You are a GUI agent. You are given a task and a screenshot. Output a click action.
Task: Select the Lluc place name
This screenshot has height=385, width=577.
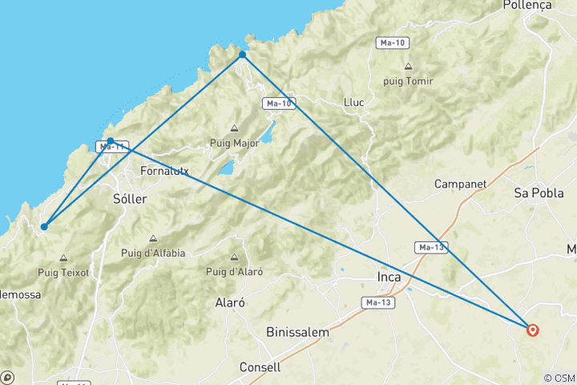pyautogui.click(x=353, y=102)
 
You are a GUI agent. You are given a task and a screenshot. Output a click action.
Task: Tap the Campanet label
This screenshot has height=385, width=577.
pyautogui.click(x=461, y=184)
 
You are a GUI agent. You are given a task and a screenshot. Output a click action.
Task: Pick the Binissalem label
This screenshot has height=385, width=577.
pyautogui.click(x=297, y=331)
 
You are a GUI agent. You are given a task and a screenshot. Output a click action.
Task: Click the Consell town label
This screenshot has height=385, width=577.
pyautogui.click(x=260, y=367)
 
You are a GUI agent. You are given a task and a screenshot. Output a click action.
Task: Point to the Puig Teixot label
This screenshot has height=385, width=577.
pyautogui.click(x=63, y=273)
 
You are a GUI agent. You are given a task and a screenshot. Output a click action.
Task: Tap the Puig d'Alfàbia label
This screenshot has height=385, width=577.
pyautogui.click(x=153, y=253)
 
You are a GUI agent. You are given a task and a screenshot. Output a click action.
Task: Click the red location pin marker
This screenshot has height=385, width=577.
pyautogui.click(x=532, y=329)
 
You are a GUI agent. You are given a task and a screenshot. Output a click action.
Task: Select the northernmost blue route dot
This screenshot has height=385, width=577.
pyautogui.click(x=242, y=55)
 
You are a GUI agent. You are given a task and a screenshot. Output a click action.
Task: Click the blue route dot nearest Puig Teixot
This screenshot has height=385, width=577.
pyautogui.click(x=44, y=226)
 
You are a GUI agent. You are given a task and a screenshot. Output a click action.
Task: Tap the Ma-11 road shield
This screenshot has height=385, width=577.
pyautogui.click(x=111, y=147)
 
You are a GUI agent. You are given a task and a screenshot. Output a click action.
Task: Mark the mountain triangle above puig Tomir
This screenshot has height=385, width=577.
pyautogui.click(x=409, y=67)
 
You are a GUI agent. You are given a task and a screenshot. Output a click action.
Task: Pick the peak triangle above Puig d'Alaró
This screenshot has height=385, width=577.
pyautogui.click(x=234, y=257)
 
